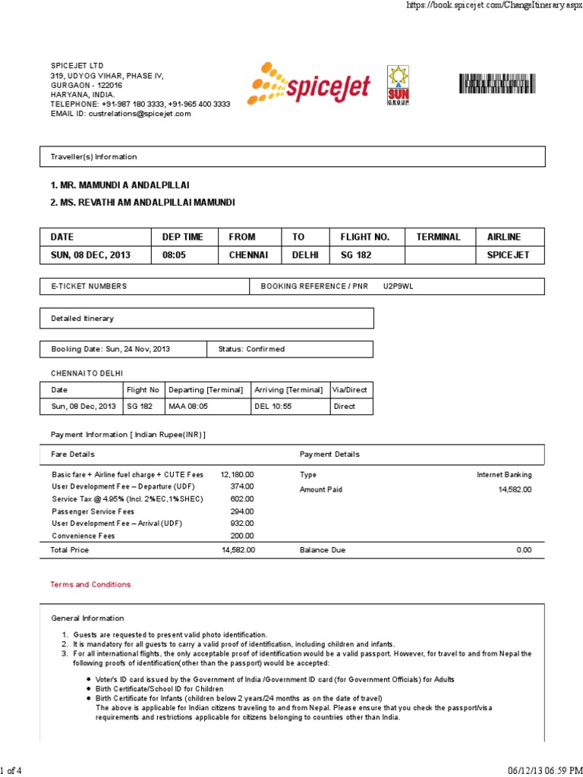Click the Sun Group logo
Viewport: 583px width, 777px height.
pos(399,85)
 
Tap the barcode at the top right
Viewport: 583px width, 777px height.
pos(501,83)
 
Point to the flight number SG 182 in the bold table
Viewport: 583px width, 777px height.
pos(356,255)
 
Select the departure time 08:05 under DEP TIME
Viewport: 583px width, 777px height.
pos(174,255)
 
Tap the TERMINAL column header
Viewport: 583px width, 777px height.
pos(438,237)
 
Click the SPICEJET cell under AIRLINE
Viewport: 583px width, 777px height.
pos(508,255)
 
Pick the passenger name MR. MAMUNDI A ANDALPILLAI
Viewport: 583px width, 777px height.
pos(120,185)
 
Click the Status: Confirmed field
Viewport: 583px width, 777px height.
pos(251,349)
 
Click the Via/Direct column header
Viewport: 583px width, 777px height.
pos(350,389)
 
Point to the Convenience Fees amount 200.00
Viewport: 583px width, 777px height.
pos(242,536)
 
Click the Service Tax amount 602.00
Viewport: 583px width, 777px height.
pos(242,499)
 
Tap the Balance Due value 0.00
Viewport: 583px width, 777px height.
pos(524,549)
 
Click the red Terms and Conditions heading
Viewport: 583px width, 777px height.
pos(90,584)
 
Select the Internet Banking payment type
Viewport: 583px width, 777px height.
pos(504,474)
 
